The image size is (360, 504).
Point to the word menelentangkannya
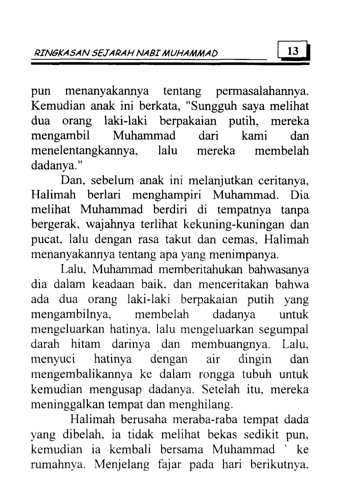click(84, 151)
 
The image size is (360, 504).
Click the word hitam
click(85, 343)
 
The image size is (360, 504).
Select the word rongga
click(214, 374)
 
